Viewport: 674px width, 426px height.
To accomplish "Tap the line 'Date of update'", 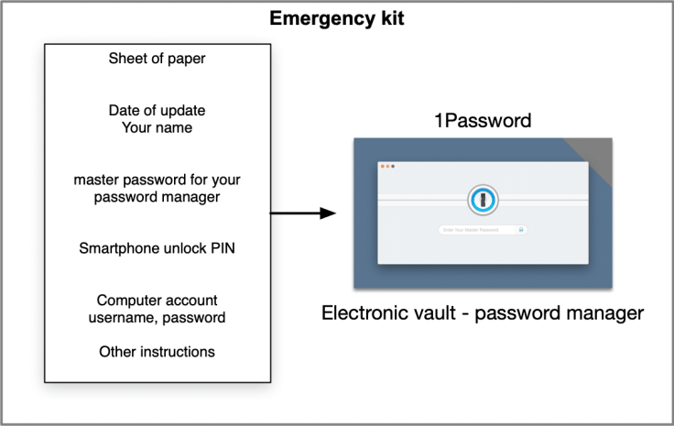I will tap(157, 110).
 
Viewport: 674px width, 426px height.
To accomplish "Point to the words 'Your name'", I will tap(157, 127).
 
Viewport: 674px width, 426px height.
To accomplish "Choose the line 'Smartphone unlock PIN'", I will tap(157, 247).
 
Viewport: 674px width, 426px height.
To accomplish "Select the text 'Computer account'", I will tap(157, 300).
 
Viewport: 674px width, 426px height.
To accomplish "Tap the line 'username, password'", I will tap(157, 317).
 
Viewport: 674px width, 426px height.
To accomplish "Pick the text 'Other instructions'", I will tap(157, 351).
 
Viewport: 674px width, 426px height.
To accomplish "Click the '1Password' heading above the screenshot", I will tap(483, 121).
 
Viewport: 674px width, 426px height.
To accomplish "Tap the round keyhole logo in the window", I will tap(483, 199).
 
